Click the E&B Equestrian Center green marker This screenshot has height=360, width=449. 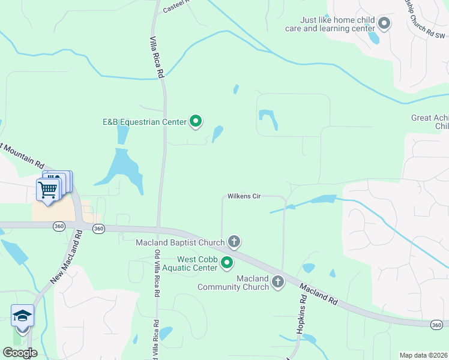coord(196,122)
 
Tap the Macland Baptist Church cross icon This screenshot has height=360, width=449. coord(234,242)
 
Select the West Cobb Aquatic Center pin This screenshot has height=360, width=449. coord(227,262)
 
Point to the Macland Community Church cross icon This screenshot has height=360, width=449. coord(277,281)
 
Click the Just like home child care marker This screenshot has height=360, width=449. coord(384,23)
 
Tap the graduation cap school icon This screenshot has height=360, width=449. coord(22,316)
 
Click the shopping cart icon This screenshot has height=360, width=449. coord(48,190)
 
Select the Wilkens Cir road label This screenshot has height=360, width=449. coord(243,197)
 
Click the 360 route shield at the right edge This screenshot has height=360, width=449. coord(438,325)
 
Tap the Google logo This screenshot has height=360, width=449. coord(20,353)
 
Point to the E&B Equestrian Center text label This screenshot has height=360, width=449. coord(145,122)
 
